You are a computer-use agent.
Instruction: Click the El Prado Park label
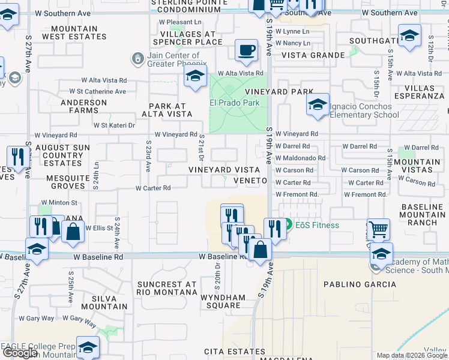pos(234,103)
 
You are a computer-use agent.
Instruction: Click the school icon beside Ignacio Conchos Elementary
pos(318,105)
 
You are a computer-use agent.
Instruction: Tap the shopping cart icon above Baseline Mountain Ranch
pos(378,229)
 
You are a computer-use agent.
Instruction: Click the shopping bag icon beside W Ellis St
pos(73,232)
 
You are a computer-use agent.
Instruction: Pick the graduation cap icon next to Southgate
pos(409,37)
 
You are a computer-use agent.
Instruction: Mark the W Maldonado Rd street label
pos(300,158)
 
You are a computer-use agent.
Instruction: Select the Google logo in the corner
pos(20,353)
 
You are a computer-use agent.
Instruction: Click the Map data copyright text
pos(412,355)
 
